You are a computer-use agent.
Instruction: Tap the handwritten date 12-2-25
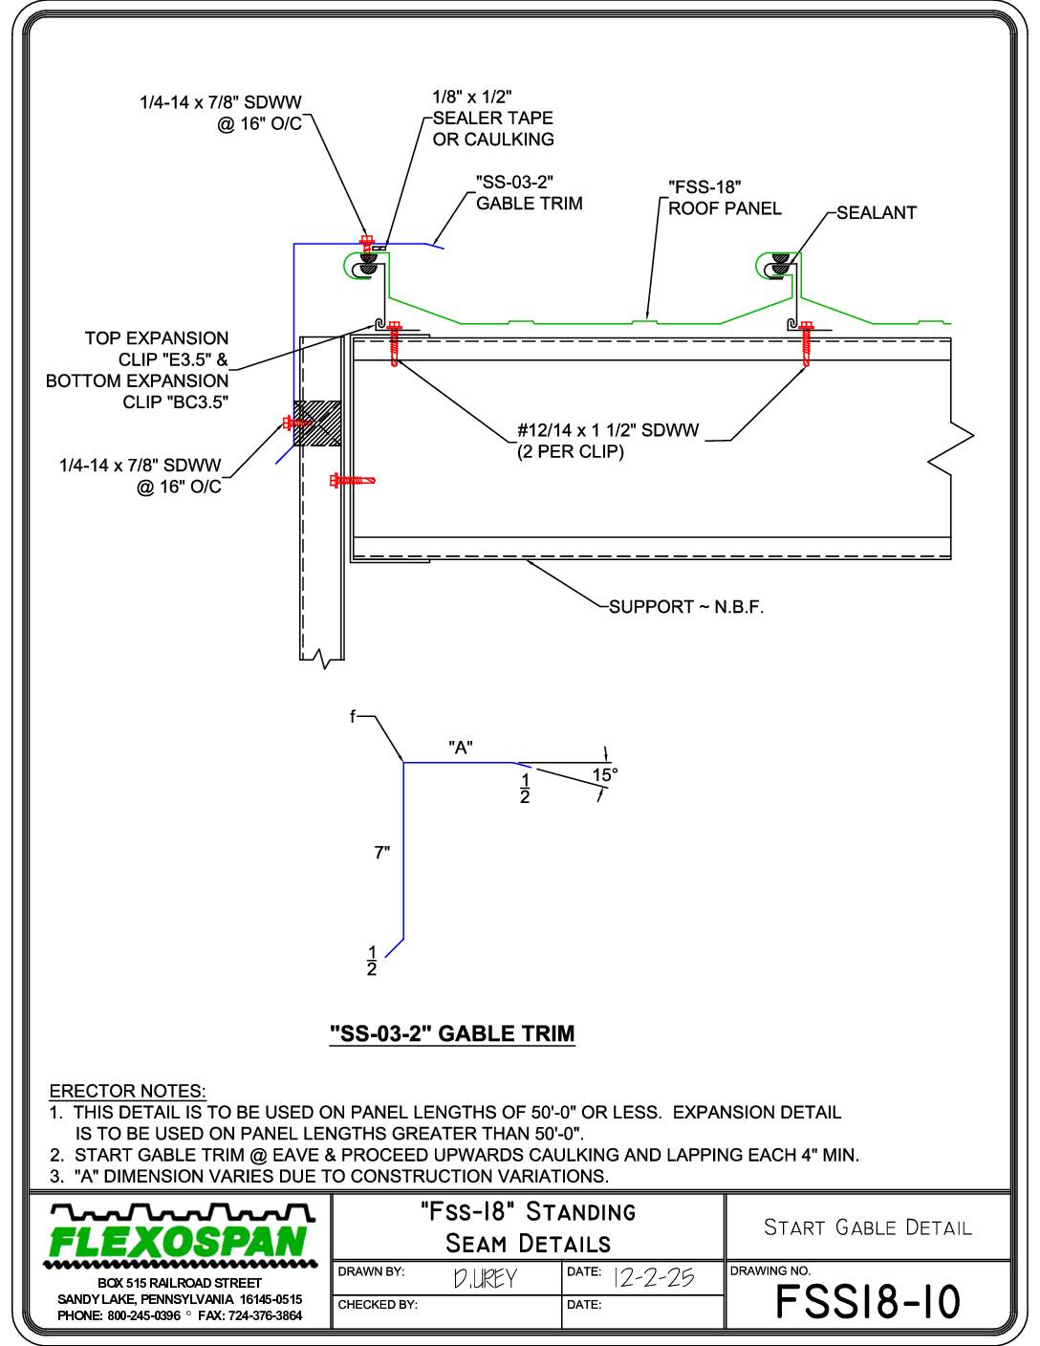click(654, 1277)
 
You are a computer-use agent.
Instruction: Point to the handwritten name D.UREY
click(485, 1279)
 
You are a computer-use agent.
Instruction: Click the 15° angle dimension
click(604, 775)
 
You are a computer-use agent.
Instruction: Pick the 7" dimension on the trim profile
click(382, 853)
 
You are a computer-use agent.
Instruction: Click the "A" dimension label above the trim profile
click(461, 748)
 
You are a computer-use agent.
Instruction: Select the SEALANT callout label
click(876, 212)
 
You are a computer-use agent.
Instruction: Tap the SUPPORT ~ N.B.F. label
click(686, 606)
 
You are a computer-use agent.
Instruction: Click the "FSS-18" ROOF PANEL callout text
click(725, 198)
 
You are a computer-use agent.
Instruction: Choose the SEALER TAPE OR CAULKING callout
click(493, 118)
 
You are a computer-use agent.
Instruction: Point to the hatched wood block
click(316, 423)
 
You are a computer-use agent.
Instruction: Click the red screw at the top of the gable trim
click(366, 242)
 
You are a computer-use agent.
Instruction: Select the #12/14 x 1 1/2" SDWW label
click(608, 430)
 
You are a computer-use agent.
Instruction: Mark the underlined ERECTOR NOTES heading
click(127, 1091)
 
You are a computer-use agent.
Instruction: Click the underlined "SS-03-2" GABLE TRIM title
click(452, 1033)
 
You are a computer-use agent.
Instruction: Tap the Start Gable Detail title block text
click(867, 1227)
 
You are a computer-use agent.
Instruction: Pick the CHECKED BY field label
click(378, 1305)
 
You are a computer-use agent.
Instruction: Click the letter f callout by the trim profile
click(353, 717)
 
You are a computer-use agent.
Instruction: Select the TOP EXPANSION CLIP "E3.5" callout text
click(157, 349)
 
